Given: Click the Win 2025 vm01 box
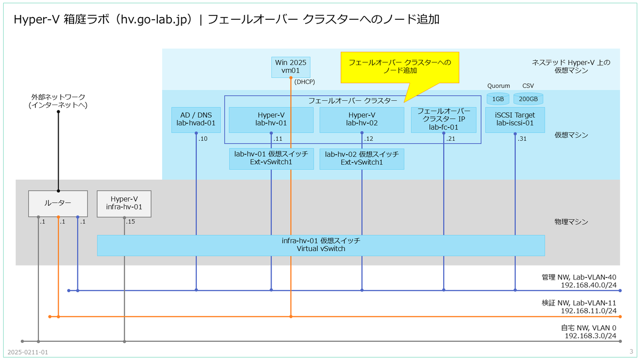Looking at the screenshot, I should click(x=291, y=67).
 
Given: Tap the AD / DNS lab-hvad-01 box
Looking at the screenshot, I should click(x=196, y=119).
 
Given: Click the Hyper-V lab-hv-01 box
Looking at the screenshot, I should click(x=271, y=119).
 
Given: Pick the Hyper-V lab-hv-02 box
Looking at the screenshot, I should click(x=362, y=119).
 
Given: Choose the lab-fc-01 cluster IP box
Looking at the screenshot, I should click(x=443, y=119).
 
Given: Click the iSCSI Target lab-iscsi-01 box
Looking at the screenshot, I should click(x=515, y=119).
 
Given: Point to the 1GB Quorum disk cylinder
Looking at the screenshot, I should click(x=498, y=99).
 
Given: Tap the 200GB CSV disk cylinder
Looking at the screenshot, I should click(x=529, y=99).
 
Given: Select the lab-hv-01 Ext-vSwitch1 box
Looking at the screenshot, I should click(x=271, y=159).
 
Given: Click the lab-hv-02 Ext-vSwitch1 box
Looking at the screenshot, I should click(x=362, y=159).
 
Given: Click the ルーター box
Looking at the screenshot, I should click(x=58, y=204).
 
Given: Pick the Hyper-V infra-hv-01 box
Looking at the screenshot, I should click(x=124, y=204).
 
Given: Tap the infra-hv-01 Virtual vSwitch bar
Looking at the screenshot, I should click(x=321, y=245).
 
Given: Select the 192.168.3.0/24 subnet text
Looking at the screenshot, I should click(x=590, y=335).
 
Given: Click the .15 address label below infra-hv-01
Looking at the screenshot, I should click(x=130, y=221).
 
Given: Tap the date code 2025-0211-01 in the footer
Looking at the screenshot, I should click(x=28, y=353).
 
